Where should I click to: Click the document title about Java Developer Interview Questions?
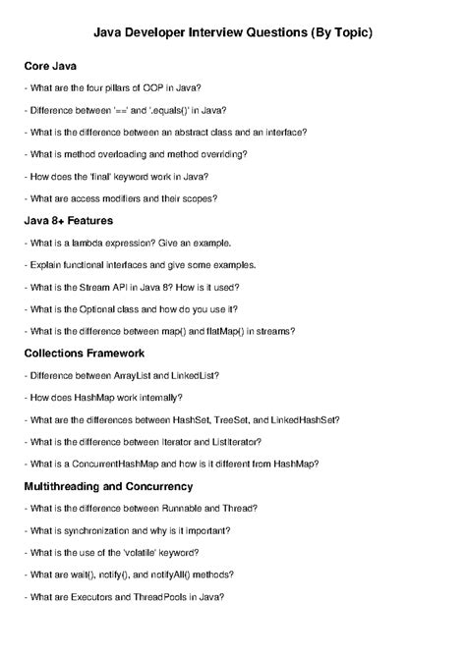pos(233,33)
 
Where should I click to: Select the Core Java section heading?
pos(50,66)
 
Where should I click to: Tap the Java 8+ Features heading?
pos(69,220)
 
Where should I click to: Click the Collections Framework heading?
pos(85,352)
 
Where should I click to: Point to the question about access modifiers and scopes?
pos(121,198)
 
